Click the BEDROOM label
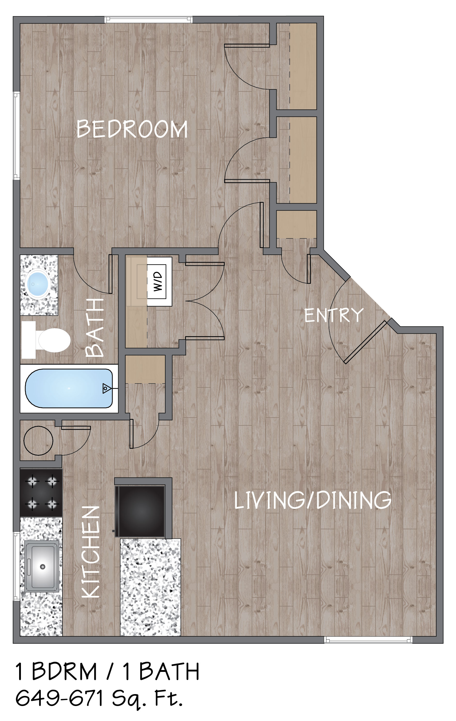click(x=132, y=129)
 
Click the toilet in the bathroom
click(x=46, y=340)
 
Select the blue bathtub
click(x=69, y=388)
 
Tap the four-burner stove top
click(x=41, y=493)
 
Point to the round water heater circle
click(x=38, y=441)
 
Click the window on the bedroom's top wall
click(x=148, y=20)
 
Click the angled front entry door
click(x=365, y=342)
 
